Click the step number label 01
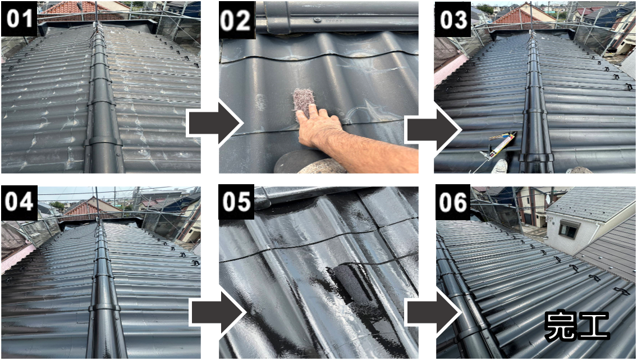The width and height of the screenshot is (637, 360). (19, 19)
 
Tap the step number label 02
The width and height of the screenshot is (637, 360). (237, 19)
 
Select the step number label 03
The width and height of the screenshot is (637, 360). (453, 19)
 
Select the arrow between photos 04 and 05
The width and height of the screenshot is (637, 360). (218, 313)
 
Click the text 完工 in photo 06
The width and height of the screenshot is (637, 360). (577, 325)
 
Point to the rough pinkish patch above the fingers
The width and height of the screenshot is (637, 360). (304, 101)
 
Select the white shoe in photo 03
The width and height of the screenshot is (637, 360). (499, 166)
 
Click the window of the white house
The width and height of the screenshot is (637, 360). (570, 230)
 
